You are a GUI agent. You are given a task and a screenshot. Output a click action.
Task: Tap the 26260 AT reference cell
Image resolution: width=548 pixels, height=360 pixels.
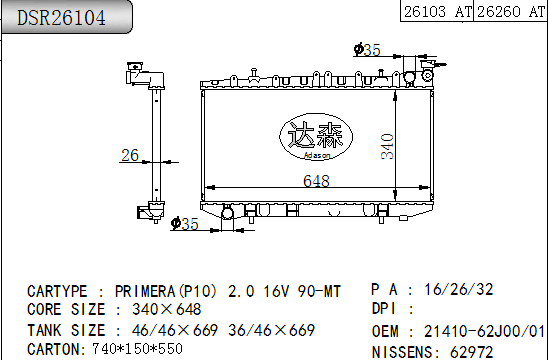click(x=510, y=12)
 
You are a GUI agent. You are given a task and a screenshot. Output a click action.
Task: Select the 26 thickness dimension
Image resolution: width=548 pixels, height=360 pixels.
click(x=129, y=154)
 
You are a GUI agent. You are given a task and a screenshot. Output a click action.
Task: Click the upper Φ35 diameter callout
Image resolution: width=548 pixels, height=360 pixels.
click(x=367, y=49)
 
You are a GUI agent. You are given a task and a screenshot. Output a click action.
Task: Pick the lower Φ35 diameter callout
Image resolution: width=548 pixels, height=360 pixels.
click(x=185, y=223)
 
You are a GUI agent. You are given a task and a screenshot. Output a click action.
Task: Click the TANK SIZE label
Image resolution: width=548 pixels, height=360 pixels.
click(x=66, y=329)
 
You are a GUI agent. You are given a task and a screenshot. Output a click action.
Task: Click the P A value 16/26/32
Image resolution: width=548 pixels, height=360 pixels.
click(x=458, y=289)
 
